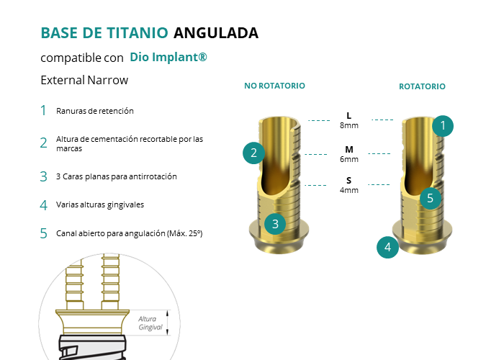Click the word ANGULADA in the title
[216, 33]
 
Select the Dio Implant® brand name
[168, 57]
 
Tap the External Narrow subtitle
[84, 80]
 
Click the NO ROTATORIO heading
[274, 86]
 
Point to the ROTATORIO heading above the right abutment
[422, 86]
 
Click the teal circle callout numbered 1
[443, 126]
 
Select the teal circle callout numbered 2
[253, 153]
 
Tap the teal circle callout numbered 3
[275, 224]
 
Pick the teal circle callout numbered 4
[387, 247]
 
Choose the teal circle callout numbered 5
[431, 198]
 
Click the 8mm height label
[349, 125]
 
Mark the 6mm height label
[349, 159]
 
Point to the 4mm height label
[349, 190]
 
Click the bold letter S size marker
[349, 180]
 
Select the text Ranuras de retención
[95, 111]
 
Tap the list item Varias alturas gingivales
[100, 204]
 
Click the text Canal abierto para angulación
[111, 233]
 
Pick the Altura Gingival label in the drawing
[150, 323]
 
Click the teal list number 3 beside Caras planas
[43, 177]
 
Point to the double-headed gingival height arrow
[168, 323]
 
